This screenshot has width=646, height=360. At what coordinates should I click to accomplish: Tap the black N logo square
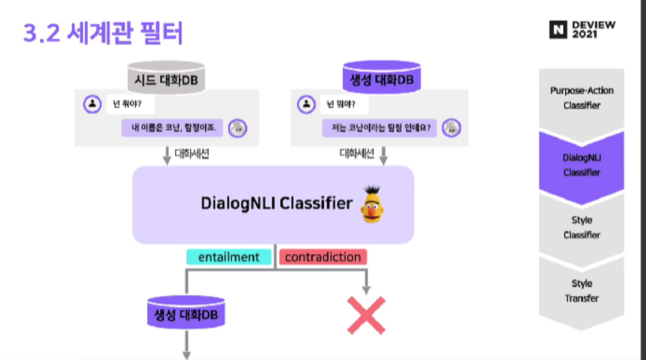point(558,30)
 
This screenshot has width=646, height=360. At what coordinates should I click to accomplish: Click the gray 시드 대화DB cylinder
point(166,78)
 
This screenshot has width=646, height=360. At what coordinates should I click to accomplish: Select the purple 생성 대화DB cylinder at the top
point(381,78)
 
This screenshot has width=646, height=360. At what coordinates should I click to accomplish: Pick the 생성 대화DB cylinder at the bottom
point(186,313)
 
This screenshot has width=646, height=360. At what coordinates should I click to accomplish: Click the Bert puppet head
point(372,205)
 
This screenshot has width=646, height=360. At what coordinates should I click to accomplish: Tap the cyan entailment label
point(229,257)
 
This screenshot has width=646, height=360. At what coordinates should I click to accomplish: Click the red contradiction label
point(323,257)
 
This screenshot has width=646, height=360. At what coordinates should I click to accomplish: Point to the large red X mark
point(366,315)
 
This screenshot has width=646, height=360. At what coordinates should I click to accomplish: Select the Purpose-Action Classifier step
point(581,98)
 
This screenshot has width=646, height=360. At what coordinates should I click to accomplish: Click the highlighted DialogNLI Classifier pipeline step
point(581,165)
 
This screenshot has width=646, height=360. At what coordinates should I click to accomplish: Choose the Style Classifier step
point(581,227)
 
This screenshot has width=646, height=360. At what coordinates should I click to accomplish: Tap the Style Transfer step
point(581,291)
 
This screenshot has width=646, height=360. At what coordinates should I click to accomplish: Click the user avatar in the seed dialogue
point(92,104)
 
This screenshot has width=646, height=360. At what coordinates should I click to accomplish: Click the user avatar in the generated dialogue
point(306,104)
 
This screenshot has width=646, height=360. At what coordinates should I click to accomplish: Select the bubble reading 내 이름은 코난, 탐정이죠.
point(172,128)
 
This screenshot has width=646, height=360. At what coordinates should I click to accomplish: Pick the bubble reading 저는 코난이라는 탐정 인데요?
point(380,128)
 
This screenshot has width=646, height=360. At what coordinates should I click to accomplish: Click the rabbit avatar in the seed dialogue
point(237,128)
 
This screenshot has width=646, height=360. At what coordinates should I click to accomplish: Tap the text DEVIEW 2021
point(593,29)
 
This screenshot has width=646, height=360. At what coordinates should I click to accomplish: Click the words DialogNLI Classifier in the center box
point(276,203)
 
